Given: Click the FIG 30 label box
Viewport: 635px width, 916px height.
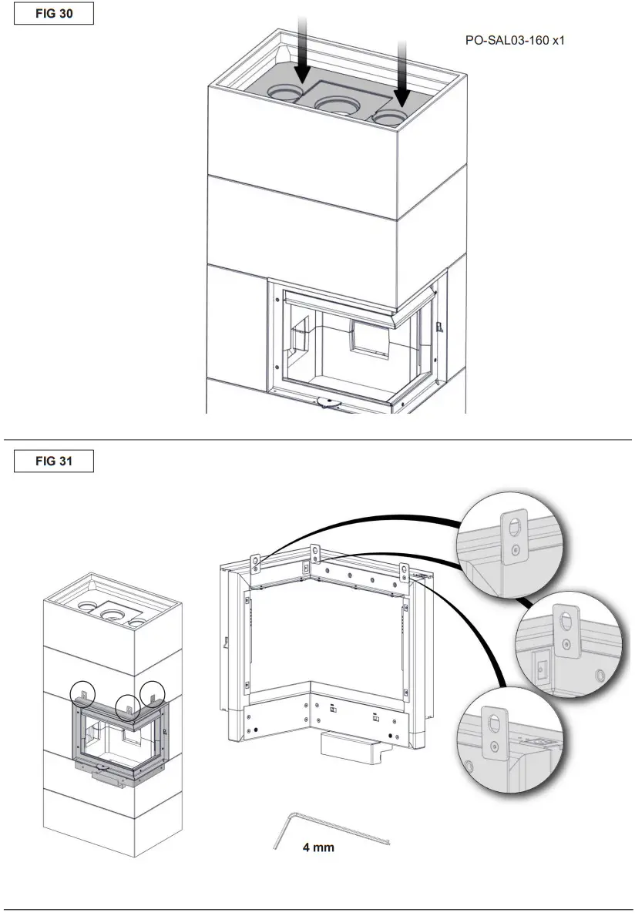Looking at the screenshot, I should [x=54, y=15].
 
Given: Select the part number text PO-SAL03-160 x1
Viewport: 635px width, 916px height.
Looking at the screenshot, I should [x=514, y=39].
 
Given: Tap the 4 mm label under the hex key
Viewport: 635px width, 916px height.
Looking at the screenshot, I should [x=317, y=847].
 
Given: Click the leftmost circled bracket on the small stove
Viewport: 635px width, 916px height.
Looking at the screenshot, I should [x=83, y=694].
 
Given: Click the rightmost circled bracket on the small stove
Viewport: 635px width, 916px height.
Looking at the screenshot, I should [x=153, y=696].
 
